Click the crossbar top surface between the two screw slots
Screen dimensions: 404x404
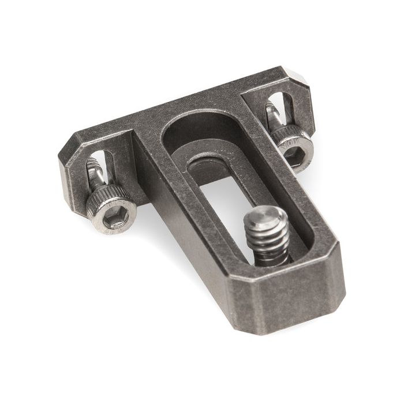[190, 104]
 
